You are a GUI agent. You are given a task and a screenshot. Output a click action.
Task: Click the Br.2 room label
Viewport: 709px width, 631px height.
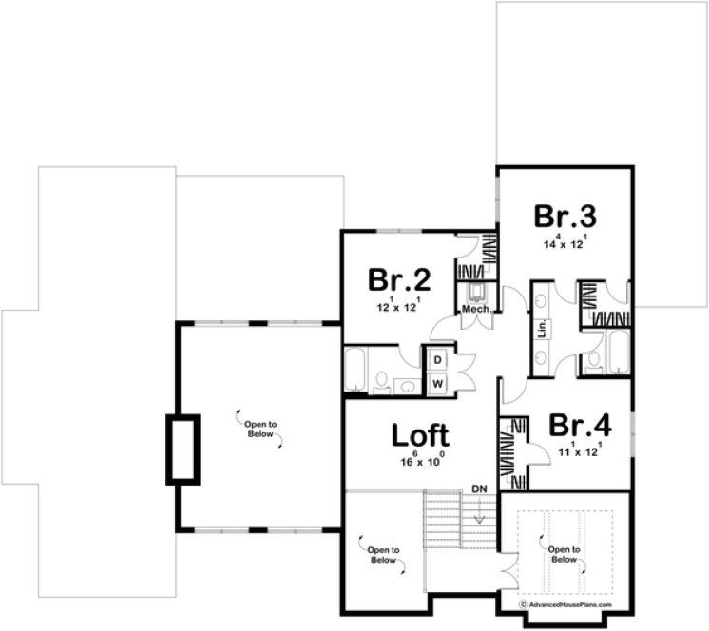pyautogui.click(x=400, y=280)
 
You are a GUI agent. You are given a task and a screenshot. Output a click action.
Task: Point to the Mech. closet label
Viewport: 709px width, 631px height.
pyautogui.click(x=475, y=310)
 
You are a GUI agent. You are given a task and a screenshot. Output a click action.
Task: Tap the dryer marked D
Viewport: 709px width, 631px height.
pyautogui.click(x=438, y=361)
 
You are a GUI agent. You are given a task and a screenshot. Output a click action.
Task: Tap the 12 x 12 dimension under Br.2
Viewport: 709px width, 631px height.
pyautogui.click(x=400, y=308)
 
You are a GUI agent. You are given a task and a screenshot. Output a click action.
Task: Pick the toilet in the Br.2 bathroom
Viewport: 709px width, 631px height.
pyautogui.click(x=381, y=382)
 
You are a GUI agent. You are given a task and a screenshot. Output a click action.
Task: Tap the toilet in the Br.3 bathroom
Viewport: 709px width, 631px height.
pyautogui.click(x=593, y=359)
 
